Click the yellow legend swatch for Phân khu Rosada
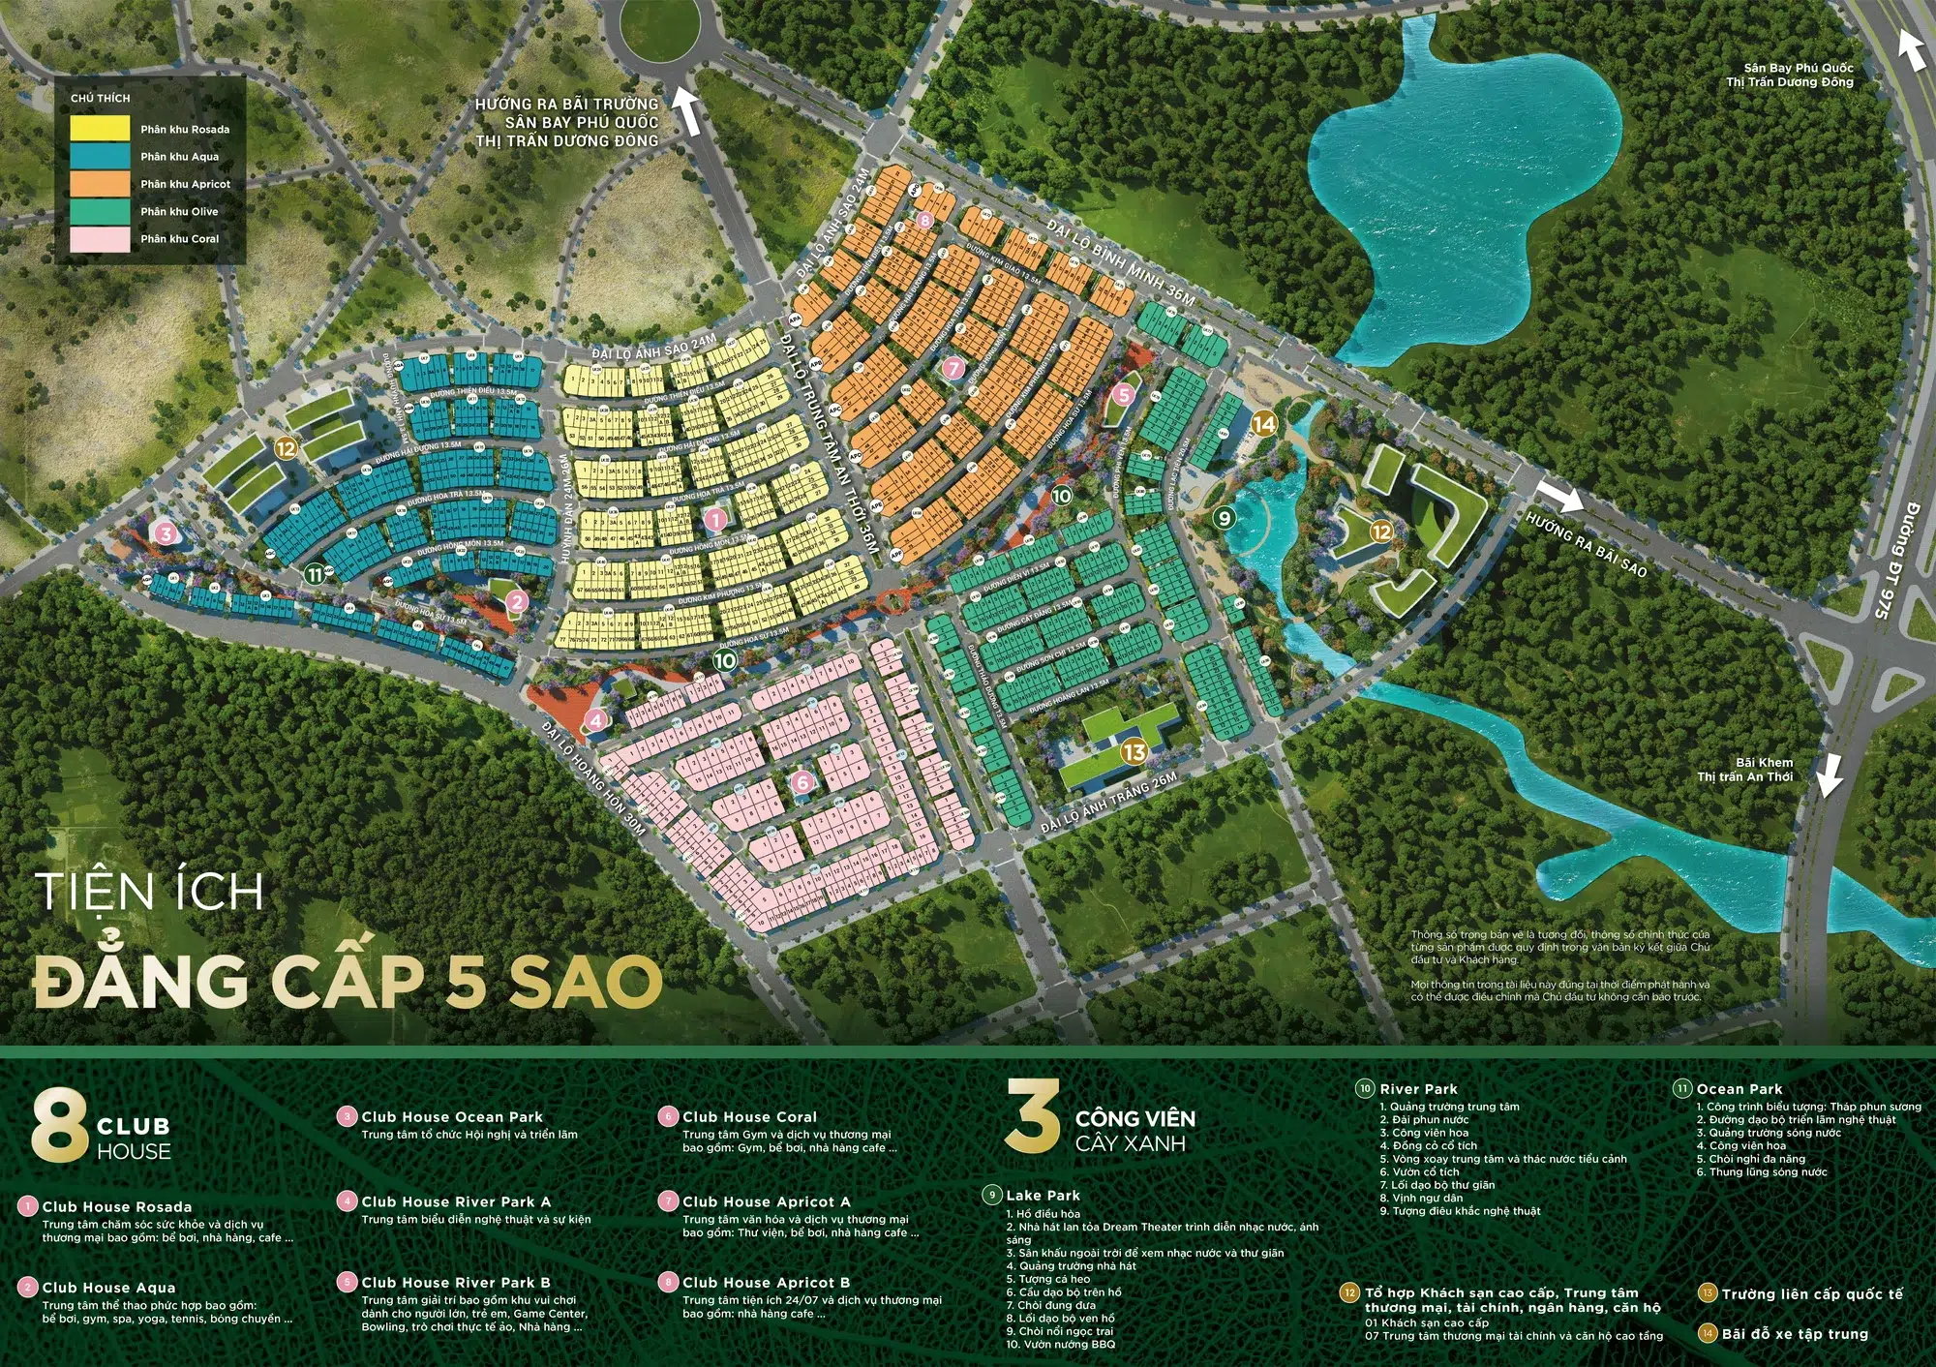(100, 129)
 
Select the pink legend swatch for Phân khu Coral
(100, 239)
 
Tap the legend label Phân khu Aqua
(179, 157)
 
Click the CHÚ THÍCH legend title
(100, 98)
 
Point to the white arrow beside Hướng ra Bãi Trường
(686, 108)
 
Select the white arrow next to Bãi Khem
(1829, 775)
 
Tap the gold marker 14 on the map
(1264, 424)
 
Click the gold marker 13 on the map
(1134, 751)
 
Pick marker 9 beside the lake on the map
(1225, 518)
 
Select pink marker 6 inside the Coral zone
(802, 782)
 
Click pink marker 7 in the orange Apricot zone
(953, 369)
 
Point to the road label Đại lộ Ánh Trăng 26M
(1109, 804)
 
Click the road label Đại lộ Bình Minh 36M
(1121, 261)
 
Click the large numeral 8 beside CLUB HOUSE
(59, 1126)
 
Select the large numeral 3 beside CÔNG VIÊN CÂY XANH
(1032, 1117)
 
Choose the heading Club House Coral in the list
(749, 1117)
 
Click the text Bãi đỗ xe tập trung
(1795, 1334)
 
